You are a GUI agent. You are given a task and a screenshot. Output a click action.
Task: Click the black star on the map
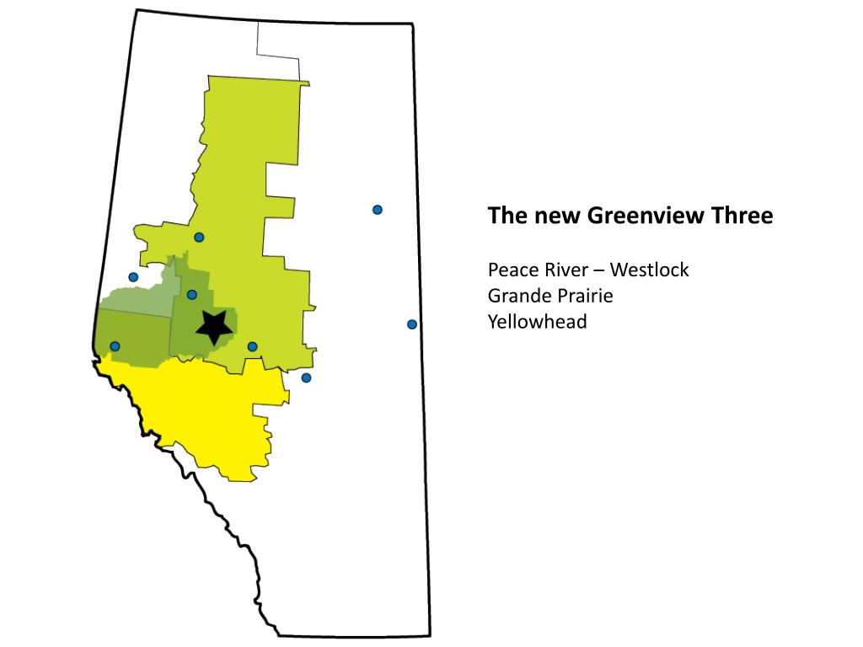(x=214, y=326)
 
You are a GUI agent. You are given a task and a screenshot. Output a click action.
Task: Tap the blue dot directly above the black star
(x=192, y=295)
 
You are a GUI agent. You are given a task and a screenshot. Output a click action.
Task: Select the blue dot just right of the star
(x=252, y=346)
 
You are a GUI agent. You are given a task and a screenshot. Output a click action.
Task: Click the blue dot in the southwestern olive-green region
(x=115, y=346)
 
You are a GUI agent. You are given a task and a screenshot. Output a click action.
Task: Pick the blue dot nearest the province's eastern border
(x=412, y=324)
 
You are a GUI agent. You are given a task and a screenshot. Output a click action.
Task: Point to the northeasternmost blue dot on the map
(x=378, y=210)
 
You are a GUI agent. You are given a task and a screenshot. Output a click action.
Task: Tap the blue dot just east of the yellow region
(x=306, y=377)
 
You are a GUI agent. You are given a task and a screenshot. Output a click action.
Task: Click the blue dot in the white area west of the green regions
(x=133, y=277)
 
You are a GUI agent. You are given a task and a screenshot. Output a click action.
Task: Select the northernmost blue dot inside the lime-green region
(x=199, y=238)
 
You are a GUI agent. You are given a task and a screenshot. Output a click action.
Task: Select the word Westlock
(x=650, y=270)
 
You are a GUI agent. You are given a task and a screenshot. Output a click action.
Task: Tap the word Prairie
(x=582, y=297)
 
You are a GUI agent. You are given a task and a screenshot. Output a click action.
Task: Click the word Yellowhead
(x=537, y=322)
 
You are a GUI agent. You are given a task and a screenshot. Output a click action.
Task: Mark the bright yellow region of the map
(x=202, y=413)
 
